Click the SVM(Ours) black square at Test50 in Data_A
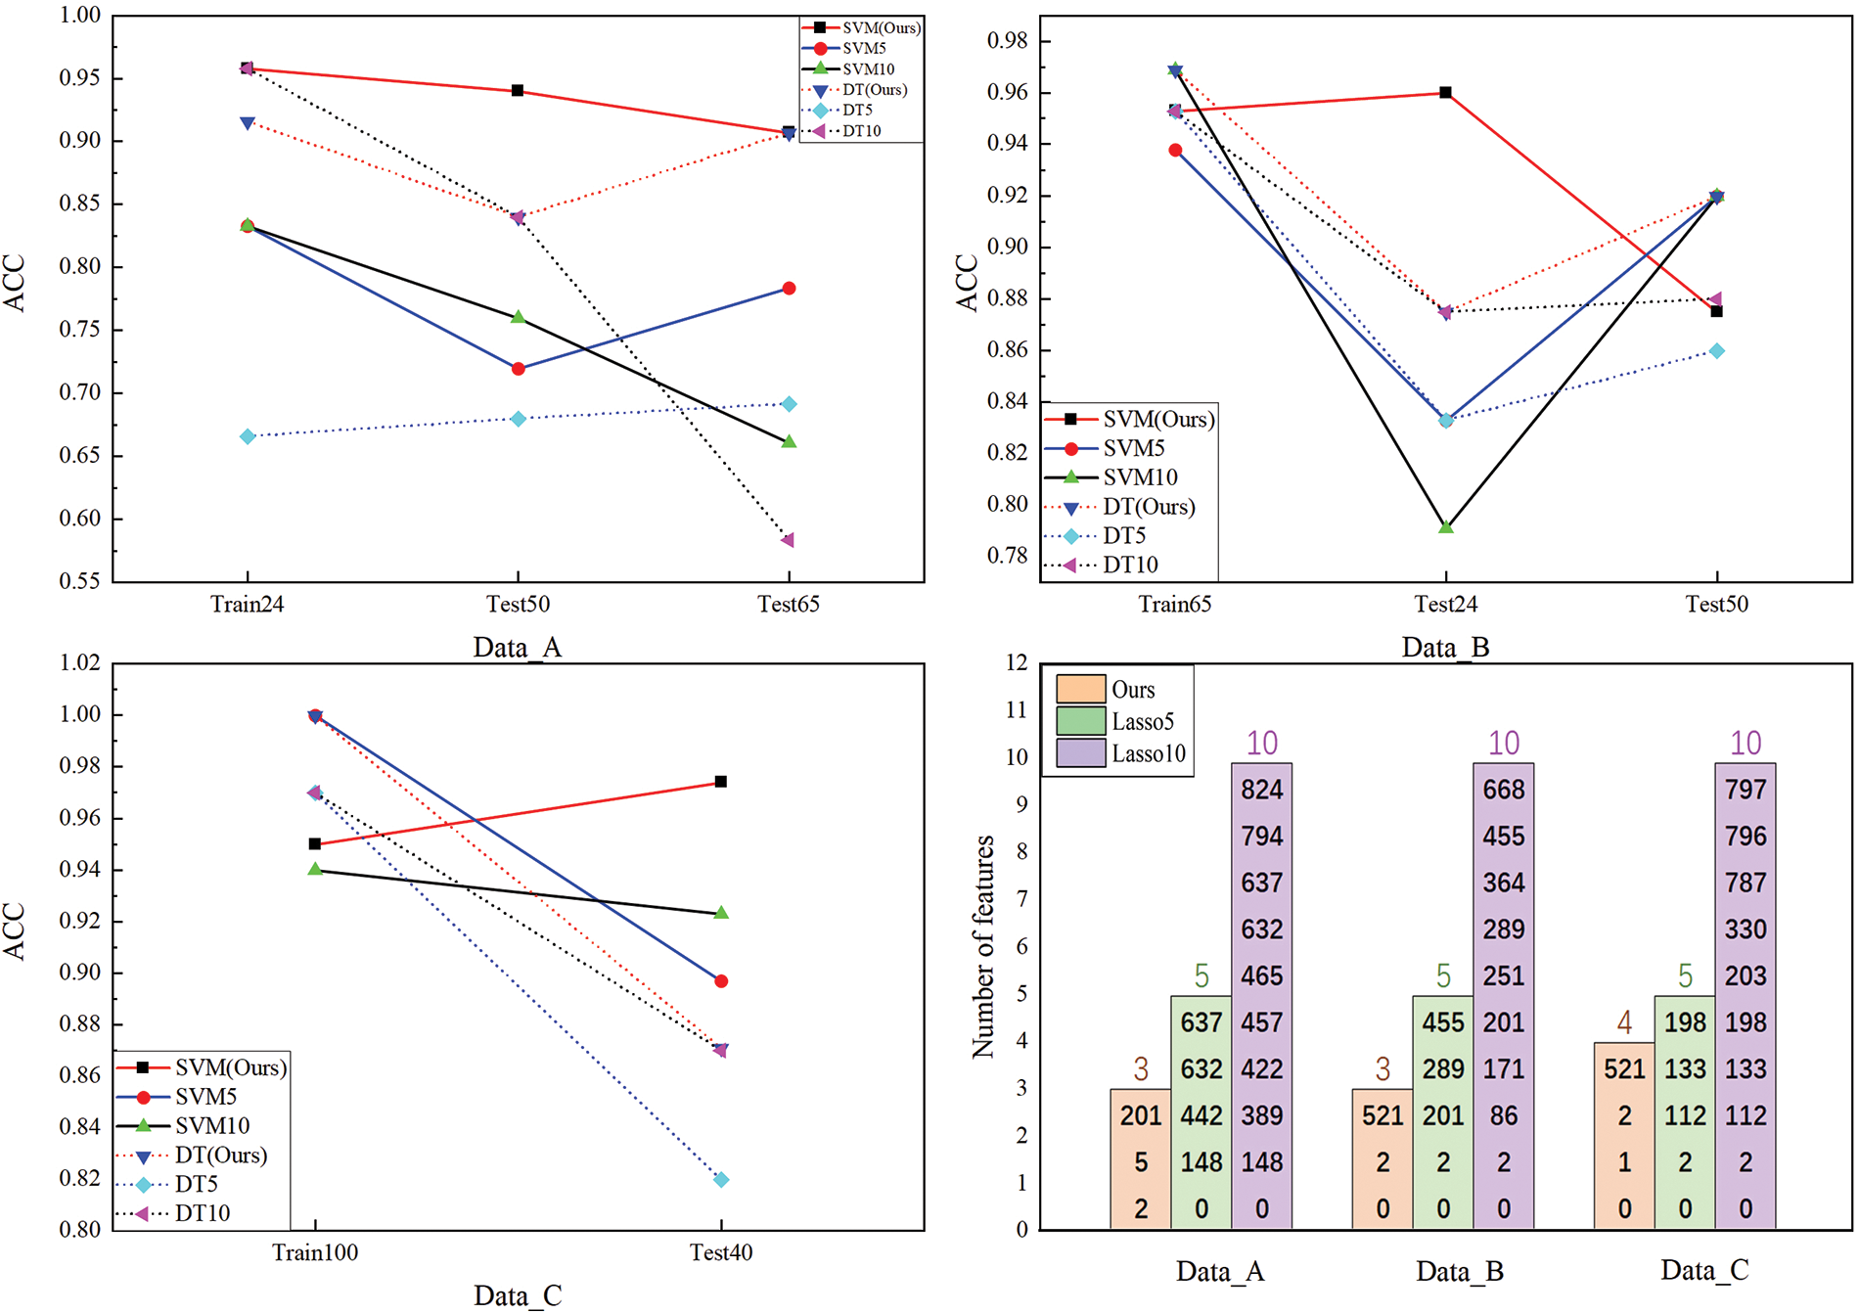[x=518, y=91]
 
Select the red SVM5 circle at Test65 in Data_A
[x=789, y=289]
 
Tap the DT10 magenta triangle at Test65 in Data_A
[x=788, y=540]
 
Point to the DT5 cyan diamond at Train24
[x=248, y=436]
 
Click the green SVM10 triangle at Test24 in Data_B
[x=1446, y=527]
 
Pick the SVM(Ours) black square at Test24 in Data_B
[x=1446, y=93]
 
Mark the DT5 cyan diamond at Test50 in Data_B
[x=1717, y=351]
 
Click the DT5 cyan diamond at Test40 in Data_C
[x=721, y=1180]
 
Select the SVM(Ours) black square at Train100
[x=315, y=843]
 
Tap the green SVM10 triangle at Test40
[x=721, y=913]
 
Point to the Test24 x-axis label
[x=1446, y=605]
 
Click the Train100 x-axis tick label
[x=315, y=1253]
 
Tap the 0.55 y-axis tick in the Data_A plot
[x=80, y=582]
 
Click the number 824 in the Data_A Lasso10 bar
[x=1261, y=790]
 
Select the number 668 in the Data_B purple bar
[x=1504, y=790]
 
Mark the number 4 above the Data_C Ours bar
[x=1624, y=1023]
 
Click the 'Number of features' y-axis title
[x=983, y=947]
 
